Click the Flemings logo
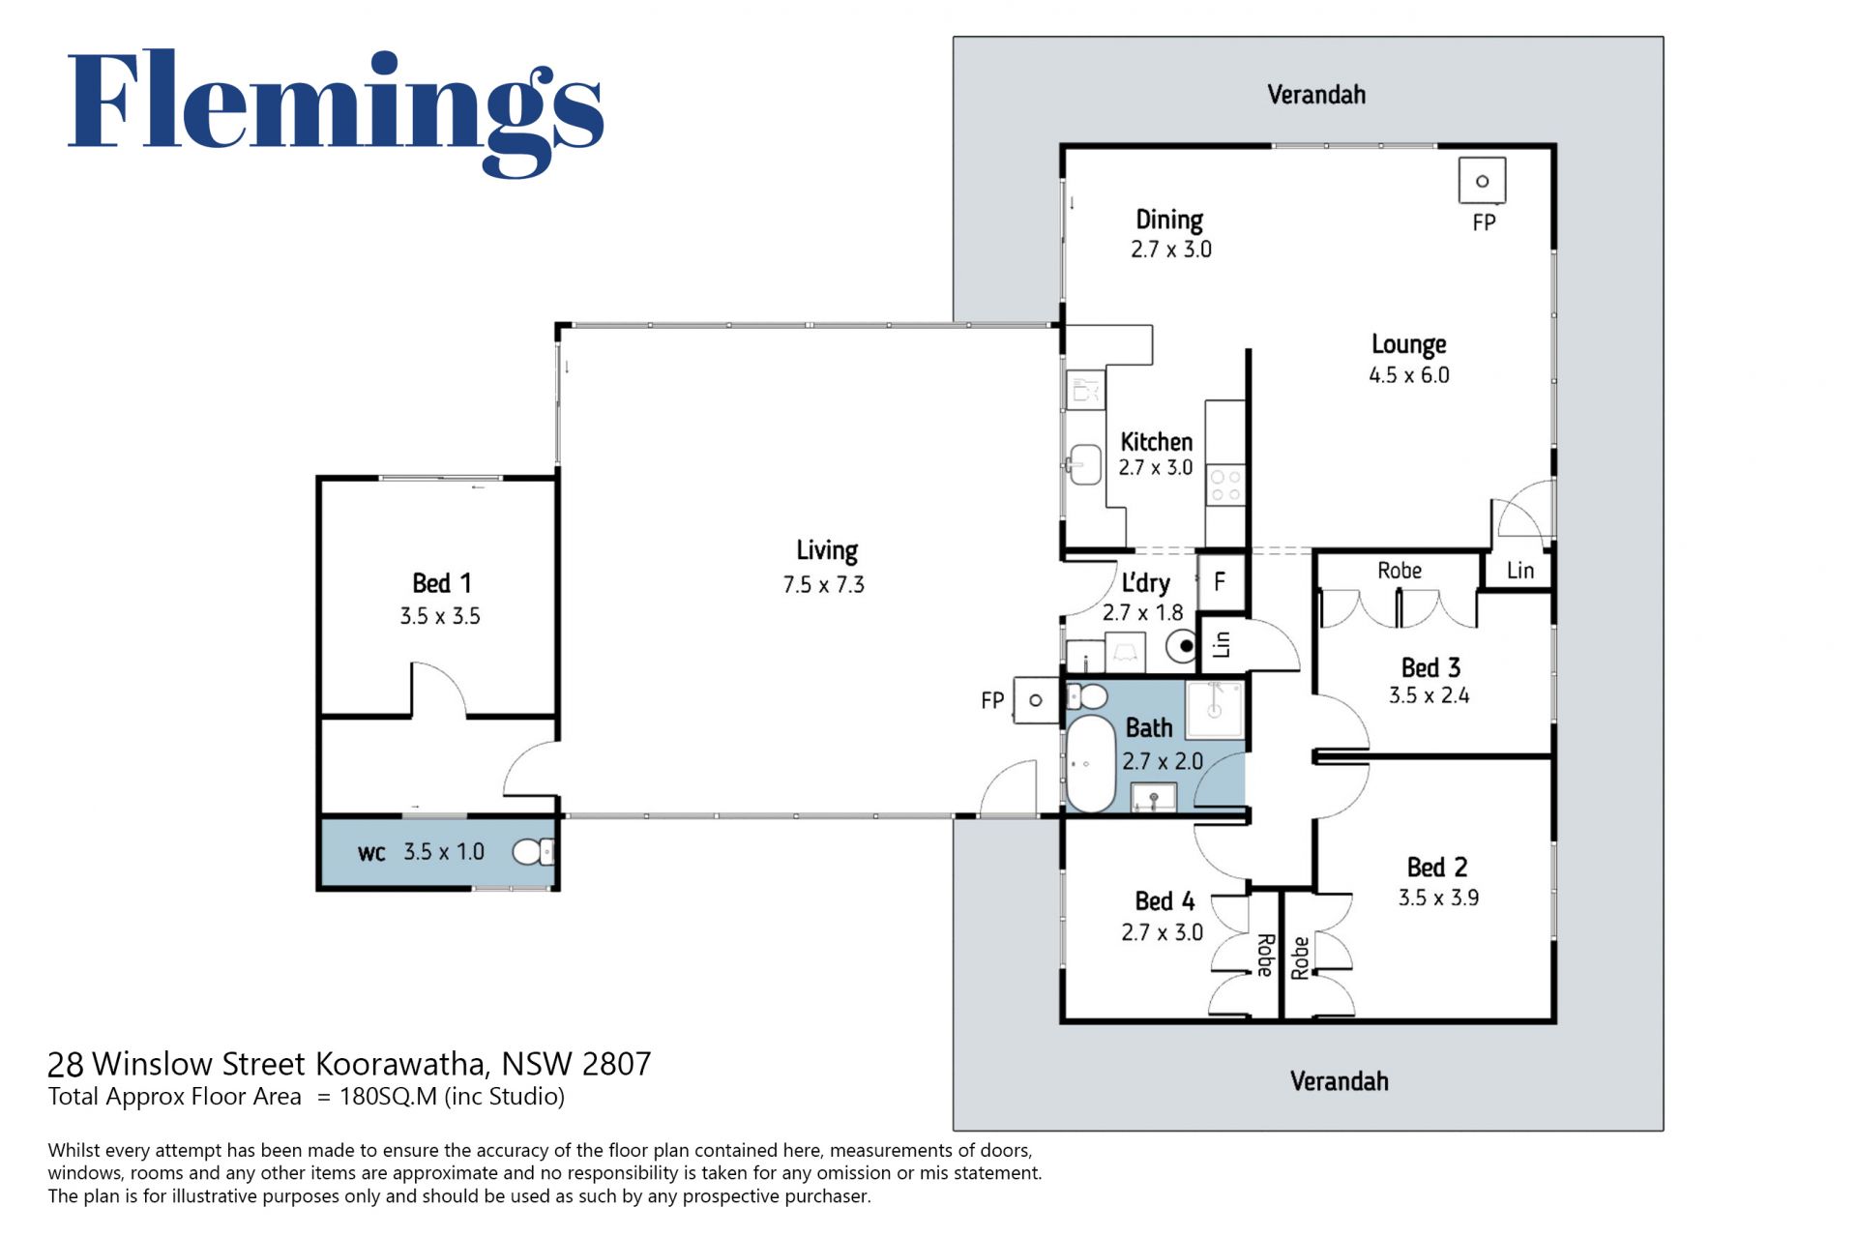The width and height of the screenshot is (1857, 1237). point(336,112)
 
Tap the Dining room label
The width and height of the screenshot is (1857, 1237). point(1169,221)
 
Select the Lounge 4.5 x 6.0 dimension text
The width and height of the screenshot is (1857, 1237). point(1409,375)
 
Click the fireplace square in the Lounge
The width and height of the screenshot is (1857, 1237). point(1482,181)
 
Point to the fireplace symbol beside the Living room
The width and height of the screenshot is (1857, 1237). point(1035,699)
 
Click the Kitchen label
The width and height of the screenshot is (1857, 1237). point(1156,442)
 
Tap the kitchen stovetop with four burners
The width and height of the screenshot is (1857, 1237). point(1225,486)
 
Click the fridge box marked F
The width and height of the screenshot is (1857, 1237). point(1221,580)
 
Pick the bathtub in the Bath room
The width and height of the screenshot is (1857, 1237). point(1091,763)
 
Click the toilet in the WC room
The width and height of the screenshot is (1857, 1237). point(533,852)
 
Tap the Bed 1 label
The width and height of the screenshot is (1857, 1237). point(441,583)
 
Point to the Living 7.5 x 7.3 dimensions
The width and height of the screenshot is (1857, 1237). point(824,585)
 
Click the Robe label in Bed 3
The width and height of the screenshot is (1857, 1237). point(1400,571)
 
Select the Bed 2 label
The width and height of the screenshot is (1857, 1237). point(1437,867)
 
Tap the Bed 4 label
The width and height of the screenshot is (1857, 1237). point(1164,901)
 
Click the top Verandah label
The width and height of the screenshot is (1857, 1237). point(1316,95)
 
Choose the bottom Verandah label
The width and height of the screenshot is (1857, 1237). point(1340,1081)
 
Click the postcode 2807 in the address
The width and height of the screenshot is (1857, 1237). point(617,1064)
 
